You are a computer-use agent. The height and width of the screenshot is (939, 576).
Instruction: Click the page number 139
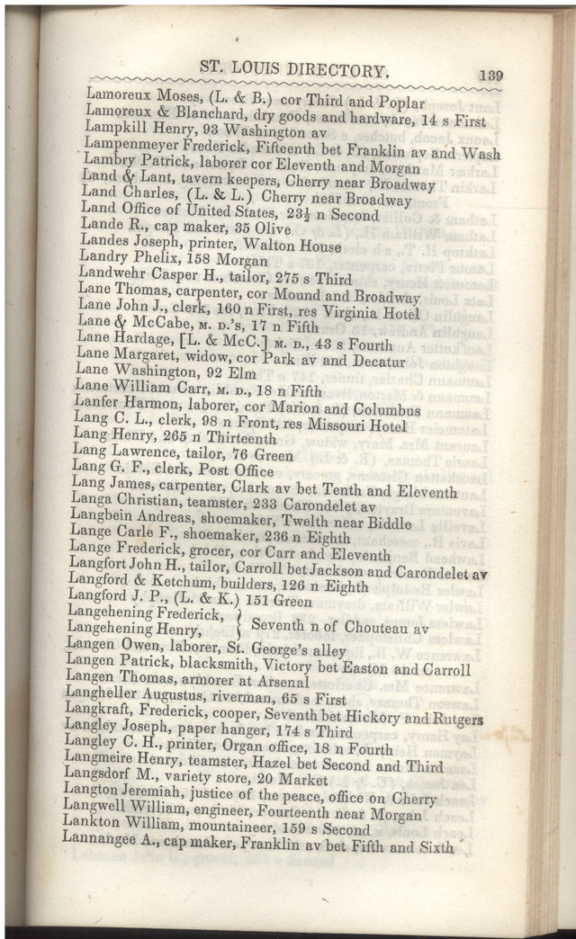pyautogui.click(x=490, y=76)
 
